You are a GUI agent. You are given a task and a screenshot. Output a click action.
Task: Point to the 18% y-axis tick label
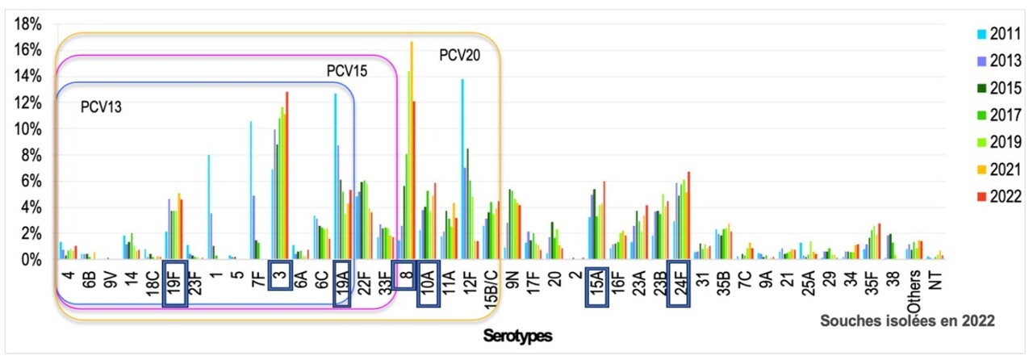click(x=29, y=23)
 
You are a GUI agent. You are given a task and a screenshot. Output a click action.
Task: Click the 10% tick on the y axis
click(x=29, y=129)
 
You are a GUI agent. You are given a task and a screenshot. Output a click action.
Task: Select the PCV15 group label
click(x=347, y=71)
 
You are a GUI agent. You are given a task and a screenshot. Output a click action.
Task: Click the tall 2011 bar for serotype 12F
click(x=462, y=170)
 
